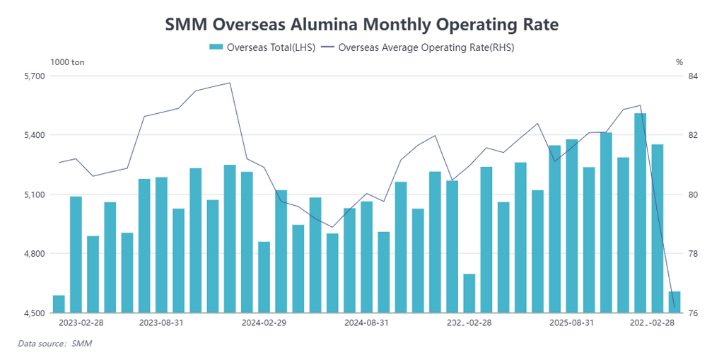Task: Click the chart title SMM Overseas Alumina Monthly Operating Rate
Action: (x=362, y=25)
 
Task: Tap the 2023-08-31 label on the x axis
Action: (x=161, y=323)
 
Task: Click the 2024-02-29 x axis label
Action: (x=264, y=323)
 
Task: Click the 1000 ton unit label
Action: (x=68, y=62)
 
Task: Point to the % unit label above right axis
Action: (x=679, y=62)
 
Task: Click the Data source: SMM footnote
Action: (x=55, y=344)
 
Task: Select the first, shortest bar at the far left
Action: (x=59, y=304)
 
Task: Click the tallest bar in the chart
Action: (x=641, y=212)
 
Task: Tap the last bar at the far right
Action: (x=675, y=302)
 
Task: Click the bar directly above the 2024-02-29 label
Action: (x=264, y=277)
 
